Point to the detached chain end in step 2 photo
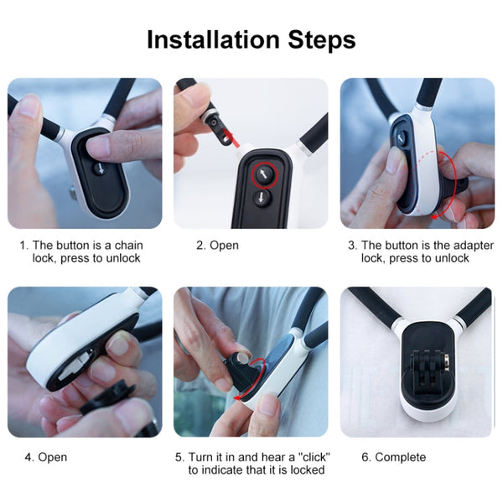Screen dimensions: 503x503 click(219, 122)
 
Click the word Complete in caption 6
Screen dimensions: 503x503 click(400, 457)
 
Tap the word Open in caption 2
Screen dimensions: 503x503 click(224, 246)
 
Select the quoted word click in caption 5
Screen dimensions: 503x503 click(312, 457)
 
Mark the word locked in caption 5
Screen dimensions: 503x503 click(306, 470)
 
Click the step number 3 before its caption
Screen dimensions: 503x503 click(352, 246)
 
